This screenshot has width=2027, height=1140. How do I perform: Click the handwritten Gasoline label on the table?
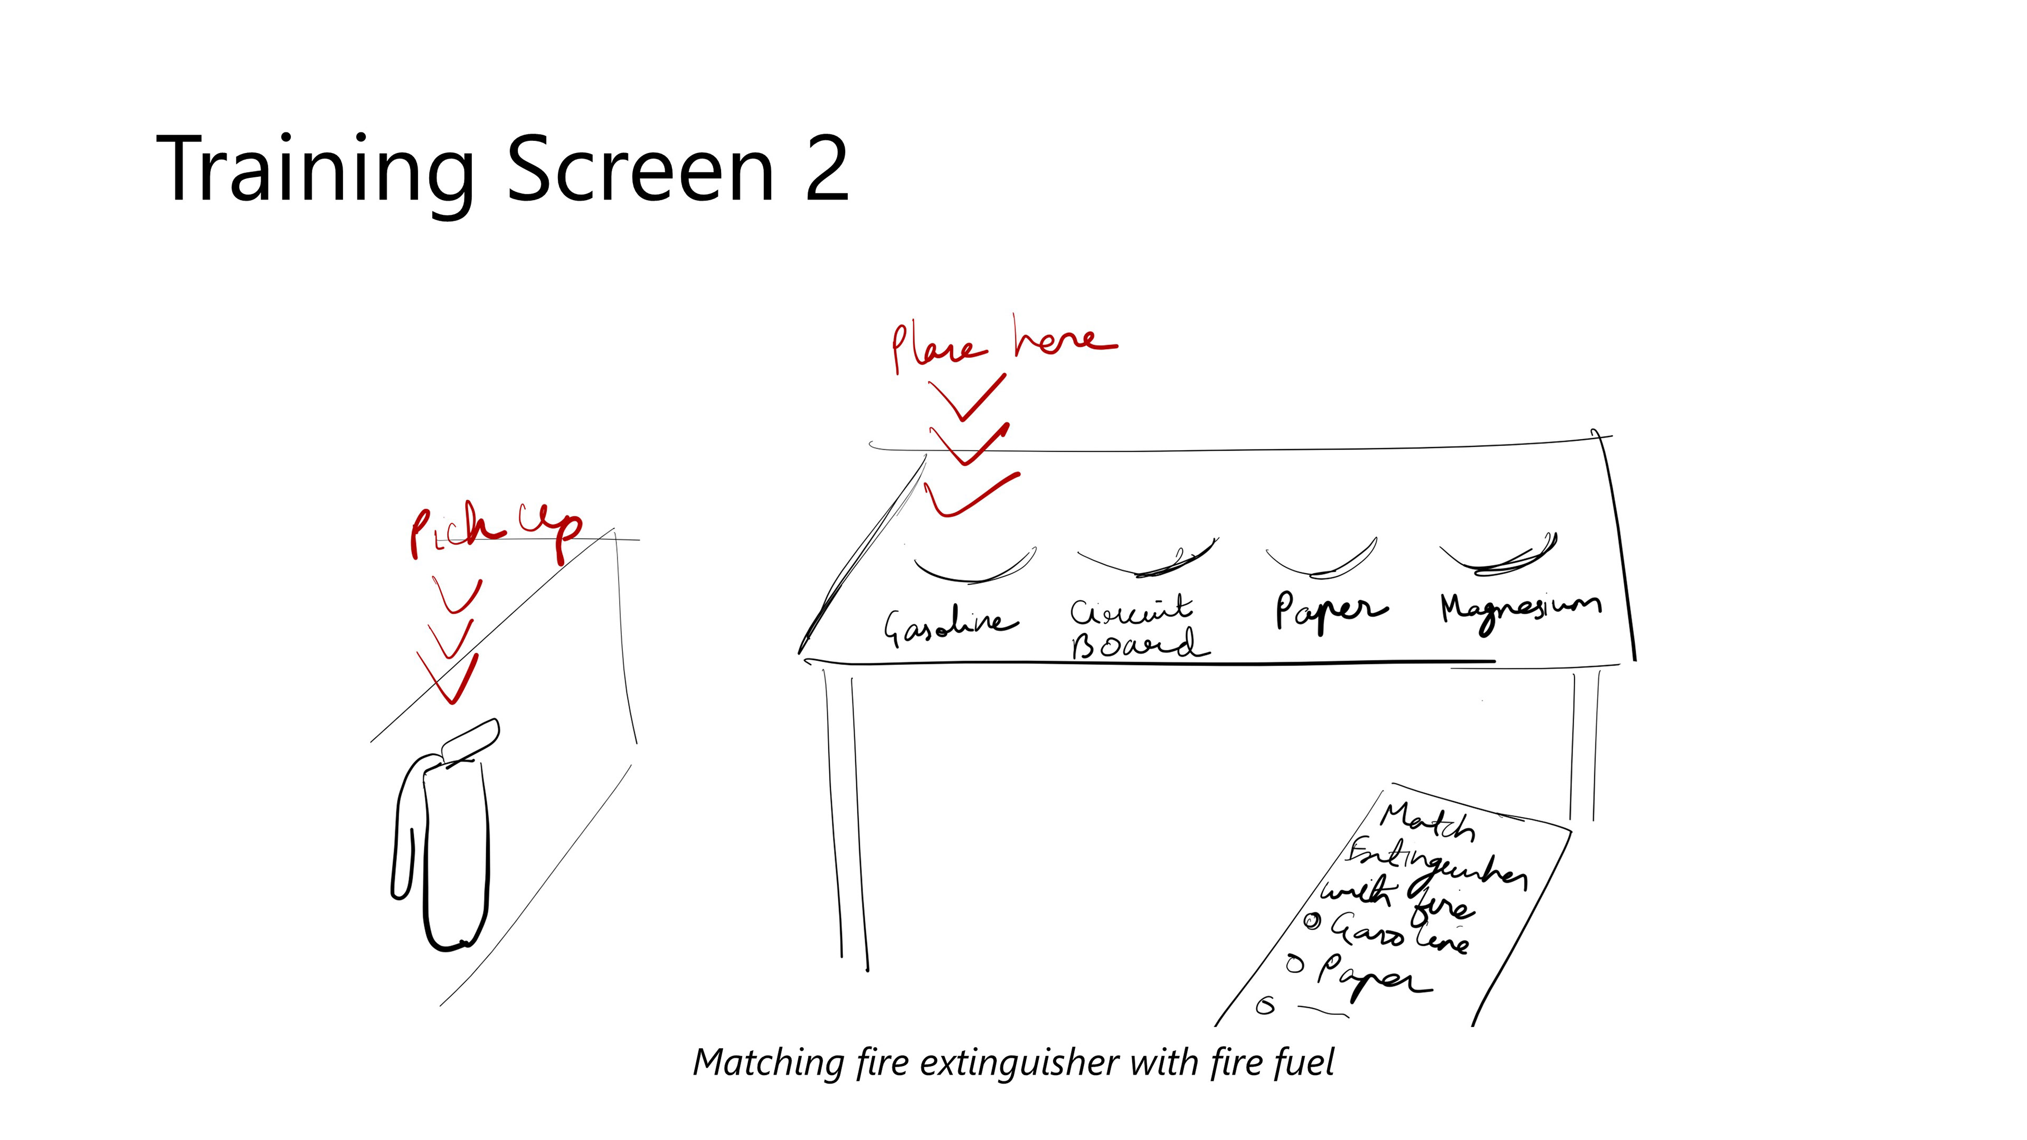coord(950,625)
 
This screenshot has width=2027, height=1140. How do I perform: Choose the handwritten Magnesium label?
coord(1519,610)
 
